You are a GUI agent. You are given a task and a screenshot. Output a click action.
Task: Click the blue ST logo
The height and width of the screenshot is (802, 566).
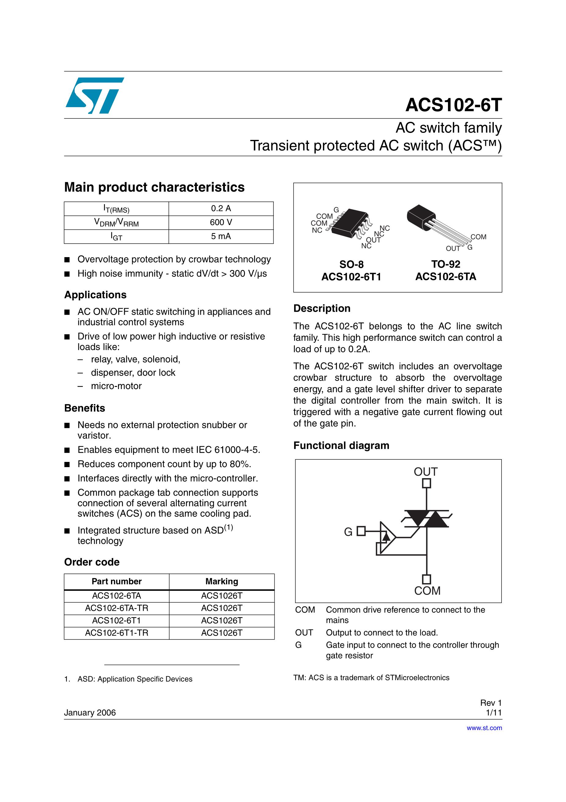[94, 96]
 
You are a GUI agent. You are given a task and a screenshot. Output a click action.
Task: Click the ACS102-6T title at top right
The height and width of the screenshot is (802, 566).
[453, 105]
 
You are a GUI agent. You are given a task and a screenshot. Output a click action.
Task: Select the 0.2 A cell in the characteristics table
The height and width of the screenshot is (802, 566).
[221, 208]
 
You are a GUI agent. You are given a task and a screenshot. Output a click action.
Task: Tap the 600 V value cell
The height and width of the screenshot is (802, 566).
[221, 223]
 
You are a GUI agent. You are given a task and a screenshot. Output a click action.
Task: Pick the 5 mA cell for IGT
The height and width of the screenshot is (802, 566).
[221, 237]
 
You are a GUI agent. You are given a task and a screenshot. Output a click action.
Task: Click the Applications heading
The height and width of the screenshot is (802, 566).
[95, 295]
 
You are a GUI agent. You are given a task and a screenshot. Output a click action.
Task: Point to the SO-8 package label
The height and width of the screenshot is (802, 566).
[351, 264]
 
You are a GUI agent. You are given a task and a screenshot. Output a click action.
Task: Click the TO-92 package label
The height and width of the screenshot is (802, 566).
[446, 264]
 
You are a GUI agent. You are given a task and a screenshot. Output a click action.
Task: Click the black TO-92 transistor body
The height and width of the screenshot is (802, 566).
[421, 216]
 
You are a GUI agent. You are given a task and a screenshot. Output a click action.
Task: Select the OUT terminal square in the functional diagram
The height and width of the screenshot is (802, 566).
[427, 483]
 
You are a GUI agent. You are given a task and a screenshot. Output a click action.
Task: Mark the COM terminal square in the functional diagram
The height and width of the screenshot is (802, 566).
[427, 579]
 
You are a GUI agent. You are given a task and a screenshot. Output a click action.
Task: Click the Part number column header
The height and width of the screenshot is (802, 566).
[117, 582]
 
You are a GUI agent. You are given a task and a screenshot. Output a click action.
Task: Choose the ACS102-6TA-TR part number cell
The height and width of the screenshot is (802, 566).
[117, 608]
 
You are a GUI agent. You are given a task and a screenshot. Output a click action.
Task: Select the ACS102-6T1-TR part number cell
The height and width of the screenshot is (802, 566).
[117, 633]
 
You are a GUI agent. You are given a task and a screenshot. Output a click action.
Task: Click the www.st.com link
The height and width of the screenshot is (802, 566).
[484, 728]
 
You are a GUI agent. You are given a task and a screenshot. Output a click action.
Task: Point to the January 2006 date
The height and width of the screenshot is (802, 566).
[90, 713]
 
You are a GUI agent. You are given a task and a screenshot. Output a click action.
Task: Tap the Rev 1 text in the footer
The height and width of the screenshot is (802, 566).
[491, 703]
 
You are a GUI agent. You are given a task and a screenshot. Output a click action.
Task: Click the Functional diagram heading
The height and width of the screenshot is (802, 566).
[341, 446]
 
